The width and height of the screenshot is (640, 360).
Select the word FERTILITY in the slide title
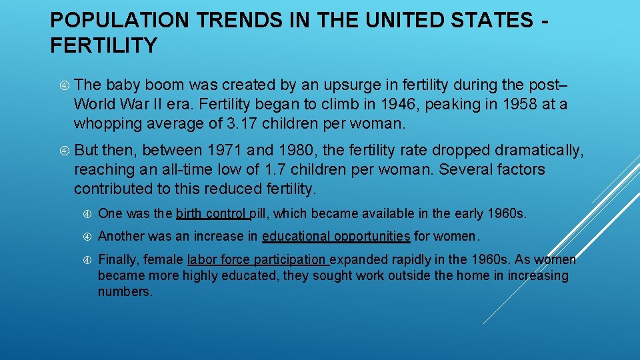(x=103, y=45)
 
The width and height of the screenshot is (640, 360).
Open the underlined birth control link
(x=212, y=214)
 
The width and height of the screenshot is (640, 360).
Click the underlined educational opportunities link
(x=336, y=236)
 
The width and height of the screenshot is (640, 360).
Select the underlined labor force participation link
(x=257, y=259)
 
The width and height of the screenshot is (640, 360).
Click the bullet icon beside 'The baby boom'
(x=63, y=85)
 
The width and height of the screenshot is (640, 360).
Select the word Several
(x=468, y=170)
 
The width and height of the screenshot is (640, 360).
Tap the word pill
(x=260, y=214)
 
